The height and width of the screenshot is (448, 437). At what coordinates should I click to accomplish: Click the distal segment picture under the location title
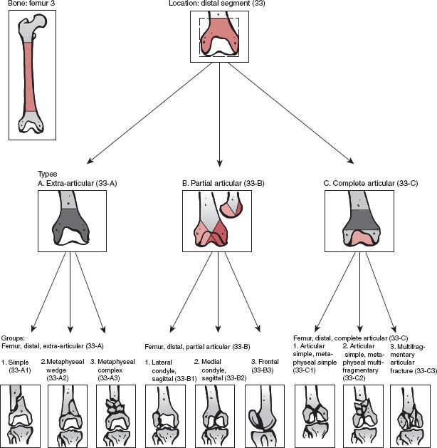(x=218, y=36)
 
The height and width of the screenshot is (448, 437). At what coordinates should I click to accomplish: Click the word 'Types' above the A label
(x=47, y=174)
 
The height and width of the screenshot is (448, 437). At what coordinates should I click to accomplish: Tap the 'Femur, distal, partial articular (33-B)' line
(x=197, y=346)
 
